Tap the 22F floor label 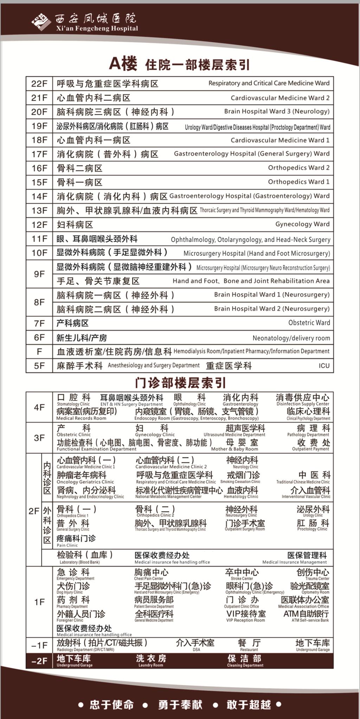coord(39,84)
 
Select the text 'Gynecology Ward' coord(302,224)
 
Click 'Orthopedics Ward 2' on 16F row coord(299,168)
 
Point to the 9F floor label coord(39,274)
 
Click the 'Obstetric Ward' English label coord(309,323)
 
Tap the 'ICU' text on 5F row coord(324,366)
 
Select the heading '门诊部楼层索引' coord(180,383)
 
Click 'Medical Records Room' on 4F coord(81,418)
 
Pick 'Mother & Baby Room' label coord(234,449)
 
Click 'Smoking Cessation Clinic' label coord(240,482)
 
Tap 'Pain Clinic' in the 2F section coord(67,545)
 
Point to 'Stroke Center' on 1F coord(242,578)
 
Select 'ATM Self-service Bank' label coord(310,620)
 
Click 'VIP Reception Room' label coord(245,620)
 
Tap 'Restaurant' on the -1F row coord(249,650)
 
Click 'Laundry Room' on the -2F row coord(151,665)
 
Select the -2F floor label coord(39,661)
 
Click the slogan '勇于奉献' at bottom coord(180,704)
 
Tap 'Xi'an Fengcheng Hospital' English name coord(97,28)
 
